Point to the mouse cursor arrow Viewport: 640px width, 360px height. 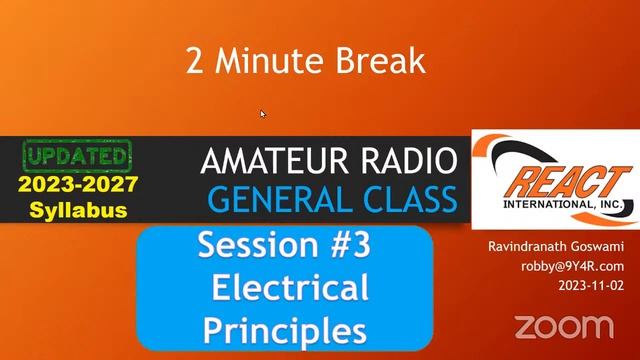[x=263, y=114]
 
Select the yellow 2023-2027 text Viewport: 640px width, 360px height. [x=77, y=186]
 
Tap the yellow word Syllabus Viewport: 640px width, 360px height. [x=77, y=210]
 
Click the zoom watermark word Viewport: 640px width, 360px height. [x=563, y=326]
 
